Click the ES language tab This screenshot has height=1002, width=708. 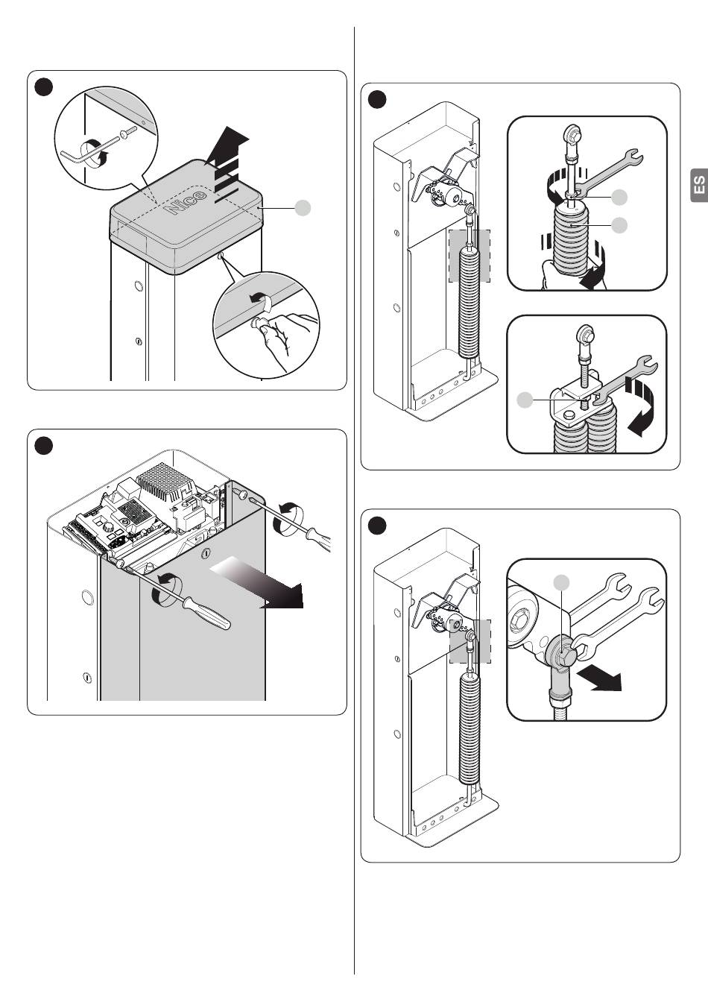pos(699,185)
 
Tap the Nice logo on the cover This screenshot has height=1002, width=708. pos(186,202)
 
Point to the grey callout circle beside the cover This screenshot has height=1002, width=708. pos(303,208)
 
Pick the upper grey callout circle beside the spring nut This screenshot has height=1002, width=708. pos(619,197)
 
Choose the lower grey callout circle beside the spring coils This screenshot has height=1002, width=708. pos(619,225)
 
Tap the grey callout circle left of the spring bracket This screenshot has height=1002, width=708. pos(525,400)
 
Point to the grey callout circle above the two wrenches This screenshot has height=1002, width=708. pos(562,583)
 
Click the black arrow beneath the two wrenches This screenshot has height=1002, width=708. pos(599,679)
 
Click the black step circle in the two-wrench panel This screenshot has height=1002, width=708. pos(377,525)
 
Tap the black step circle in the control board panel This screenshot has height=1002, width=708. pos(44,446)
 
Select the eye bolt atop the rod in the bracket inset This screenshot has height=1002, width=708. pos(585,335)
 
